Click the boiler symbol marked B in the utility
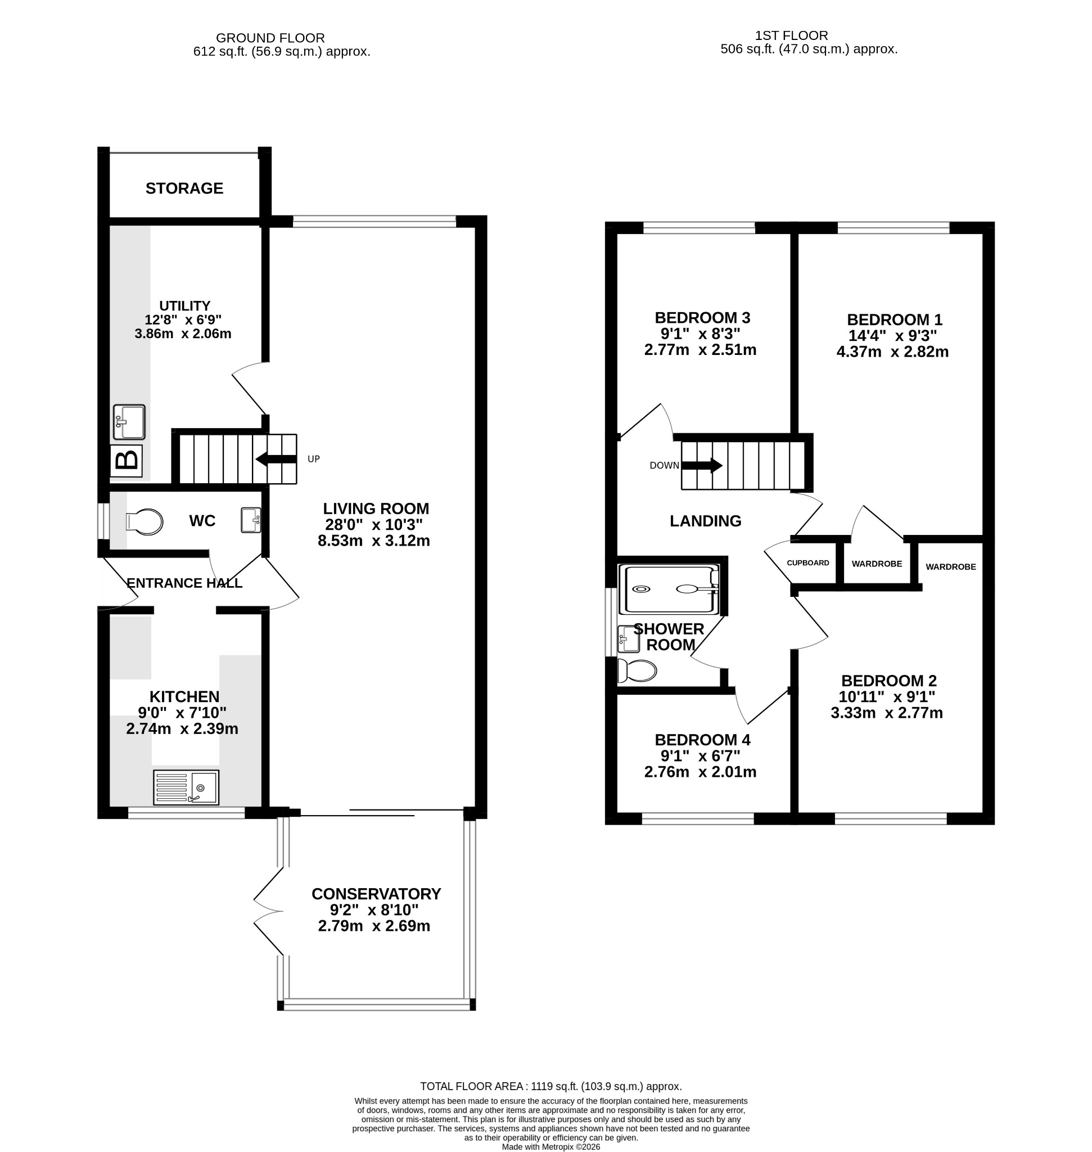click(x=127, y=461)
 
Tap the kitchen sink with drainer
click(x=186, y=787)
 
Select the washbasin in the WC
click(x=251, y=520)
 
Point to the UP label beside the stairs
click(x=314, y=459)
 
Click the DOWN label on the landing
click(x=664, y=465)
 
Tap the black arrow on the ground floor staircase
click(x=276, y=459)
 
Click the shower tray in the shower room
click(x=669, y=589)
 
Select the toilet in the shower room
click(x=637, y=670)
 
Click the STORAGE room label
click(x=184, y=188)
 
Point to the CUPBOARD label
click(x=808, y=562)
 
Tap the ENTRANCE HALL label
click(x=184, y=583)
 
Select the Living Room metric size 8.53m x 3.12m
click(x=374, y=541)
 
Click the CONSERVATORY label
click(x=376, y=893)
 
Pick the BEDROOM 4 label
click(x=702, y=740)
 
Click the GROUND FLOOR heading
click(x=270, y=38)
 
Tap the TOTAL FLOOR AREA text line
click(x=550, y=1086)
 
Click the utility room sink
click(x=129, y=422)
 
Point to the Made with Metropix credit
click(x=550, y=1147)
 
